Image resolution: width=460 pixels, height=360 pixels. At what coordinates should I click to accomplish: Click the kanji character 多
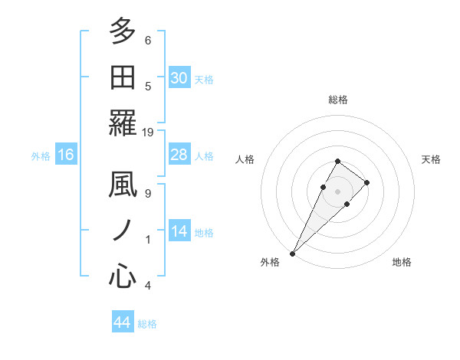click(123, 32)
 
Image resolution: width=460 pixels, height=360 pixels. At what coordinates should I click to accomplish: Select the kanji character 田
click(123, 77)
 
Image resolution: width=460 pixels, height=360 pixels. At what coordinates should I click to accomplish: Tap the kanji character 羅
click(123, 122)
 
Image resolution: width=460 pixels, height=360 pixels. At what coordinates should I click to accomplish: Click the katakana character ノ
click(123, 230)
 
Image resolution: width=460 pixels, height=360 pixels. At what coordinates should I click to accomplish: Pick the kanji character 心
click(123, 275)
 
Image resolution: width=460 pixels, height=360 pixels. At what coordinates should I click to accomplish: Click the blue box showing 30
click(179, 77)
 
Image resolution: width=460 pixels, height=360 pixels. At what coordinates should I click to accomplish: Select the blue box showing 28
click(179, 155)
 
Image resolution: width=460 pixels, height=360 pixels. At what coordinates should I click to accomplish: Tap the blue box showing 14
click(179, 231)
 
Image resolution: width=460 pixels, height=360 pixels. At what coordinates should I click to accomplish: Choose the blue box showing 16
click(66, 155)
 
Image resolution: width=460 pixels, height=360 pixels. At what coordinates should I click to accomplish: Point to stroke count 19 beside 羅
click(148, 132)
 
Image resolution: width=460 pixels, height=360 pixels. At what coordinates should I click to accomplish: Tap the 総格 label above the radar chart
click(338, 100)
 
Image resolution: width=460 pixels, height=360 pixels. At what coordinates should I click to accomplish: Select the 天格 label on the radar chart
click(431, 159)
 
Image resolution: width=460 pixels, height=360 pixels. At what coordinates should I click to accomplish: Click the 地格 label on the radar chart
click(402, 262)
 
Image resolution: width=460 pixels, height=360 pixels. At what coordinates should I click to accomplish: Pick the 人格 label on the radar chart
click(245, 159)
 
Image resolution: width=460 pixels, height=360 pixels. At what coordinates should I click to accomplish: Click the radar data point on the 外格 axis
click(292, 253)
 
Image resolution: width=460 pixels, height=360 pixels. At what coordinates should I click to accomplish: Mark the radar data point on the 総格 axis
click(338, 161)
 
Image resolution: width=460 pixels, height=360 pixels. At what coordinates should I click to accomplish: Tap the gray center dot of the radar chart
click(338, 191)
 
